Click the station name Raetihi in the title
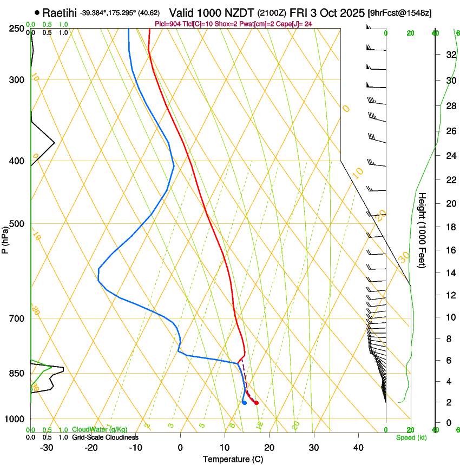coord(60,13)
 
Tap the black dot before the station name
coord(37,13)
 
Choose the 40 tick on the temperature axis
coord(358,447)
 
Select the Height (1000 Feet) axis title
coord(422,230)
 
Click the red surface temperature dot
coord(257,403)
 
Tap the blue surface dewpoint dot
coord(245,402)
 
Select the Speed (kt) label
coord(411,437)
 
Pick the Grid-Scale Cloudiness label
coord(105,437)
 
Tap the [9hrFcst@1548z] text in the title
coord(399,13)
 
